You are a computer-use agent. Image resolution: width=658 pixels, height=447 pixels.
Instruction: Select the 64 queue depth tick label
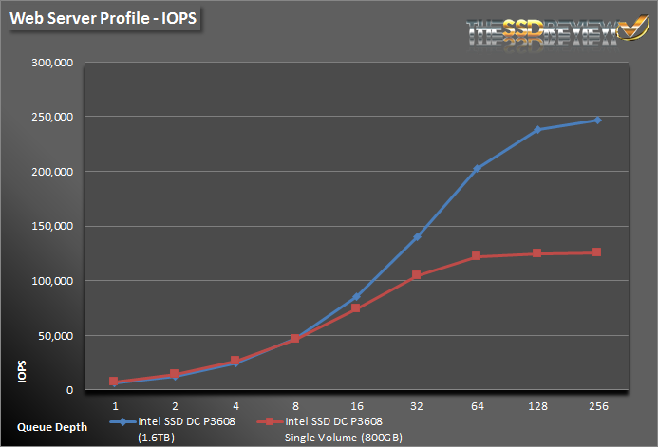pos(477,403)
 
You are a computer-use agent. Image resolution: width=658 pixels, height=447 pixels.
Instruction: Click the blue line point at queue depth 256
pos(597,121)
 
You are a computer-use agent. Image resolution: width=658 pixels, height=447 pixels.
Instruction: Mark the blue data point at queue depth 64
pos(477,169)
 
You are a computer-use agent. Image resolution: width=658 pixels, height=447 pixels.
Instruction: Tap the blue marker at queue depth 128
pos(537,130)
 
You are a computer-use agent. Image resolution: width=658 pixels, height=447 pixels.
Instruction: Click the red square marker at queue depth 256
pos(597,252)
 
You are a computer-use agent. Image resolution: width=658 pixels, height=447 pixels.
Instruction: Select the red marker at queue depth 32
pos(416,275)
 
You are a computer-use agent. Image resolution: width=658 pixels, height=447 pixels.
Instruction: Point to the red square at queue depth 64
pos(477,256)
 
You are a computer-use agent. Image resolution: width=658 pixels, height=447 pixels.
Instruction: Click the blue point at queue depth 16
pos(355,297)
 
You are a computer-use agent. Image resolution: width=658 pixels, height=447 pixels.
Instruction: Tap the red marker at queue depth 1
pos(114,382)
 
